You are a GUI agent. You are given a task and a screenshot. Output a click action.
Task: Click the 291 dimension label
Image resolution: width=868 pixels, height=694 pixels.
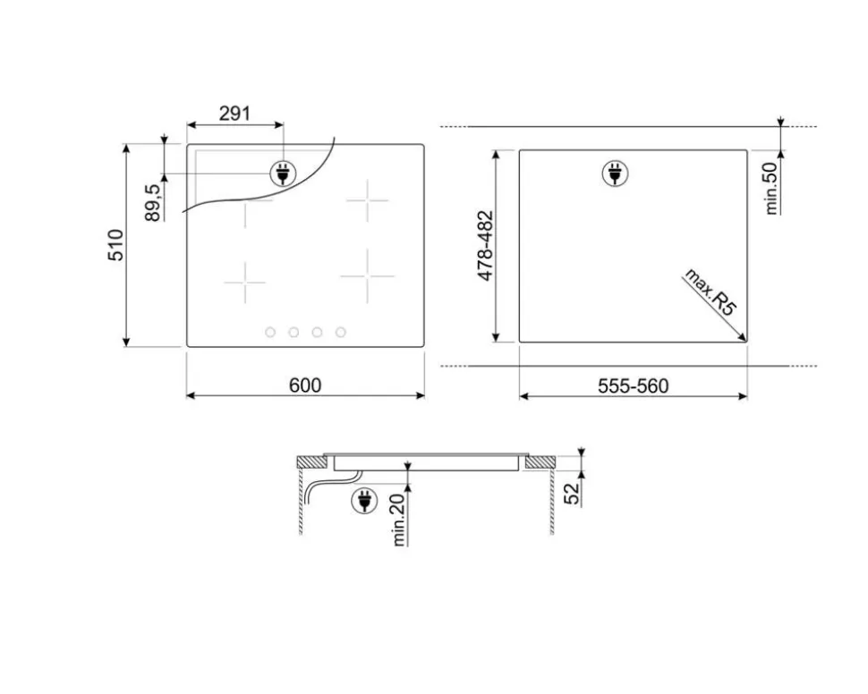(x=234, y=114)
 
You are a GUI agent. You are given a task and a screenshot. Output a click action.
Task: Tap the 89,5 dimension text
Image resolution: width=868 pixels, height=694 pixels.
(x=153, y=202)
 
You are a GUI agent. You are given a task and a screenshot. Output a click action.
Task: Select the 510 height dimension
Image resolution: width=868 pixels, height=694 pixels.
(x=115, y=245)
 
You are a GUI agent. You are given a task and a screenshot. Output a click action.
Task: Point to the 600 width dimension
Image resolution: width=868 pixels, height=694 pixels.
(x=305, y=385)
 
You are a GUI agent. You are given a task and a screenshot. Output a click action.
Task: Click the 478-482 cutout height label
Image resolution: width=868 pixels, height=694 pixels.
(x=485, y=245)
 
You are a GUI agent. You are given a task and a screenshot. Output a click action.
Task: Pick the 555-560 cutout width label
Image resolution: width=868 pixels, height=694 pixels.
(x=634, y=385)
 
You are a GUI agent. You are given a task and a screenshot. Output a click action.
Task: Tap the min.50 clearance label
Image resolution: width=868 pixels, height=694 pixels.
(x=770, y=188)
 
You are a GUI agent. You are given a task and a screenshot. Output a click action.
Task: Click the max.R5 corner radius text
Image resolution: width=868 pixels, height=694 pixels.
(x=711, y=292)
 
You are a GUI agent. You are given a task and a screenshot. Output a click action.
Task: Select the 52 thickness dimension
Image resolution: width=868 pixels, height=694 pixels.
(x=572, y=494)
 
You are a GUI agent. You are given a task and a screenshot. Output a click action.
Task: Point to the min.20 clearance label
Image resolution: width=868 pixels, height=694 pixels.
(x=398, y=520)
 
